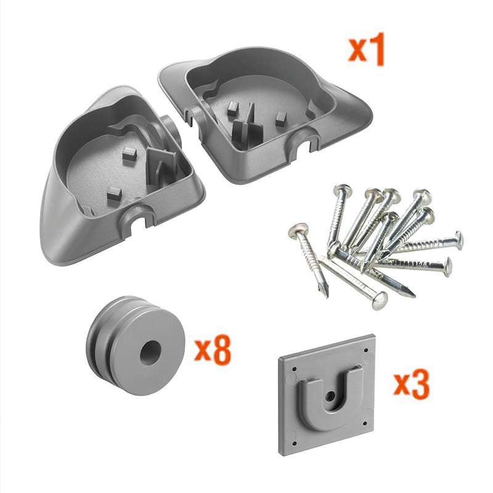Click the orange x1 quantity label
[367, 49]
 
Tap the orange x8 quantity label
[213, 351]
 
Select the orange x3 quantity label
[411, 383]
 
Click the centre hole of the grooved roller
[150, 352]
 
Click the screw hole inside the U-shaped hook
[330, 396]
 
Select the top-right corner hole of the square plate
[365, 349]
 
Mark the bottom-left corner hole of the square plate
[295, 444]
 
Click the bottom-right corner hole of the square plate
[365, 423]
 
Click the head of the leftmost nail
[298, 229]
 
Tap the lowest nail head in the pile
[380, 301]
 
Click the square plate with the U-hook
[327, 395]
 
